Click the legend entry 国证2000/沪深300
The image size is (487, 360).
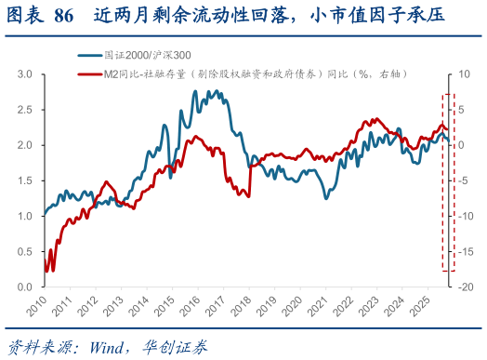pyautogui.click(x=139, y=56)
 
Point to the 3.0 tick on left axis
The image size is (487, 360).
pyautogui.click(x=26, y=73)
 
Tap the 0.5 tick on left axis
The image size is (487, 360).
pyautogui.click(x=26, y=252)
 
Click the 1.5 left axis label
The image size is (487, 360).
pyautogui.click(x=26, y=180)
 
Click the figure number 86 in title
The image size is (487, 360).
pyautogui.click(x=63, y=15)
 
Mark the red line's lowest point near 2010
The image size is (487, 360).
pyautogui.click(x=51, y=271)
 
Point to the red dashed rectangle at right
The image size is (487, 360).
pyautogui.click(x=448, y=181)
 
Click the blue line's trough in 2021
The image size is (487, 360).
pyautogui.click(x=326, y=198)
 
